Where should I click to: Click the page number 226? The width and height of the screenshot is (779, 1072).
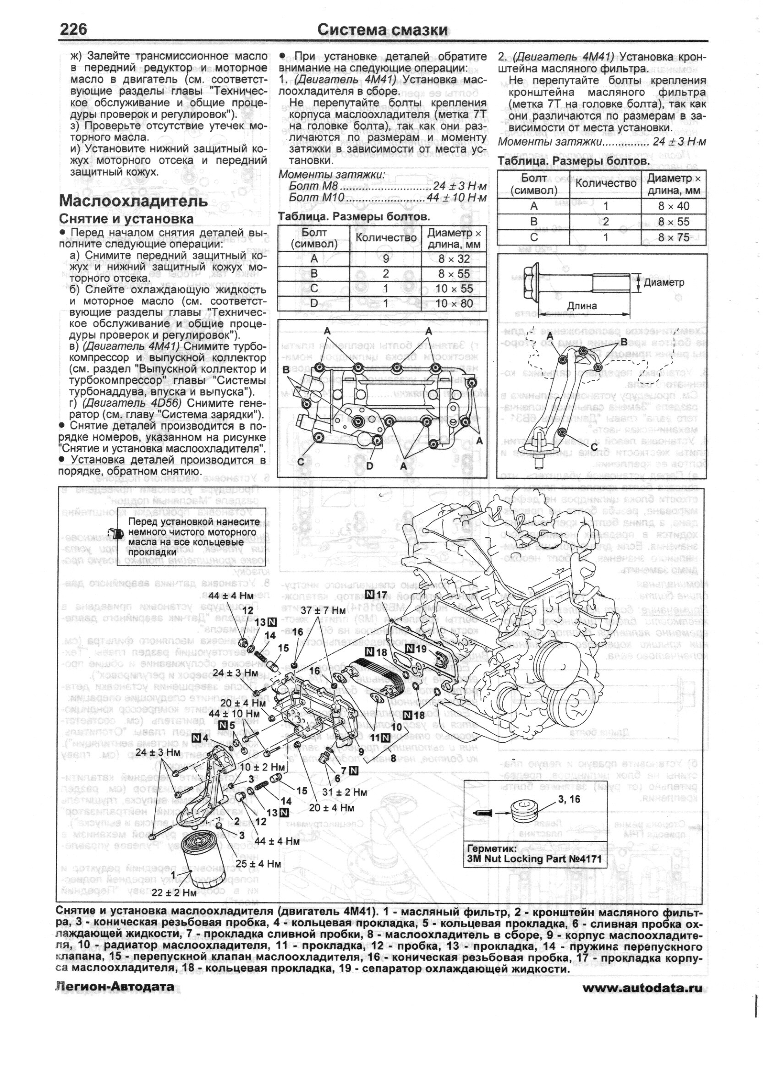click(x=73, y=29)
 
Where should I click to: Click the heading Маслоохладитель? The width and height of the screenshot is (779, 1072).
click(x=133, y=200)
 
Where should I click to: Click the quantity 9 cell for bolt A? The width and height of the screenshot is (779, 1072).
click(x=385, y=258)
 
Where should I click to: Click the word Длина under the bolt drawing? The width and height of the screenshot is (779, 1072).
click(x=582, y=306)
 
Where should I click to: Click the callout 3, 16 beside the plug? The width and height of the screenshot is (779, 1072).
click(x=569, y=799)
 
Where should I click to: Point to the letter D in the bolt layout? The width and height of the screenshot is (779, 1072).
click(x=369, y=466)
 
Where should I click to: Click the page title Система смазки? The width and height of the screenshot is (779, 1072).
click(x=383, y=30)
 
